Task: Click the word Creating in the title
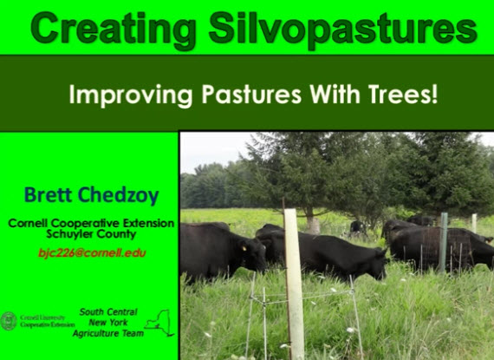coord(113,28)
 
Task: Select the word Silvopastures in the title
coord(342,28)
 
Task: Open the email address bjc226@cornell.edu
coord(92,253)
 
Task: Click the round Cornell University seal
coord(9,320)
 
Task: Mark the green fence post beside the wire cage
coord(443,243)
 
